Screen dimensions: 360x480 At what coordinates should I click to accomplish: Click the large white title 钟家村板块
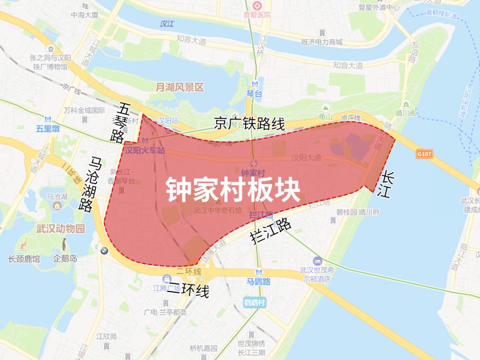233,190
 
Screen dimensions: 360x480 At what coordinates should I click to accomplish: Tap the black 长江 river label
385,184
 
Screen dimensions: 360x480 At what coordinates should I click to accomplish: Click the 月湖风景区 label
180,88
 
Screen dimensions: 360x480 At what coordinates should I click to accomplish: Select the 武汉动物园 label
60,229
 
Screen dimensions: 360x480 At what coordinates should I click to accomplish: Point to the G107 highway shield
424,154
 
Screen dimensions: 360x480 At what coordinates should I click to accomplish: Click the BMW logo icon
104,251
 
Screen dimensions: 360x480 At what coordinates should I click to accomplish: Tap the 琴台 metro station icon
255,84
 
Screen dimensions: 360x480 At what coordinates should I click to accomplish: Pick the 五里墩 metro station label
48,129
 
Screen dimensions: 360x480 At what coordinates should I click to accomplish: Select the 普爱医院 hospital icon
257,6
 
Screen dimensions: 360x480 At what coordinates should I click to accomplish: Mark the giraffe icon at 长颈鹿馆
24,244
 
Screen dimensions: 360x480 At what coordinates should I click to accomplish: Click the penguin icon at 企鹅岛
65,244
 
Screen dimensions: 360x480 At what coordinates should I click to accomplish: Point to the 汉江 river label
167,24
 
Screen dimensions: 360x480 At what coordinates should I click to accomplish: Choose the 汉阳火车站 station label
145,151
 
